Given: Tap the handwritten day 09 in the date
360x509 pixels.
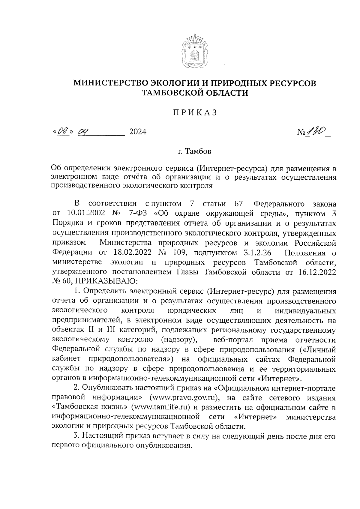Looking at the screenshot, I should point(64,131).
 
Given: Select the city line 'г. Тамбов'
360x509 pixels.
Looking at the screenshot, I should point(194,151).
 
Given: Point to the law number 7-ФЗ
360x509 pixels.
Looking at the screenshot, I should point(138,214).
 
